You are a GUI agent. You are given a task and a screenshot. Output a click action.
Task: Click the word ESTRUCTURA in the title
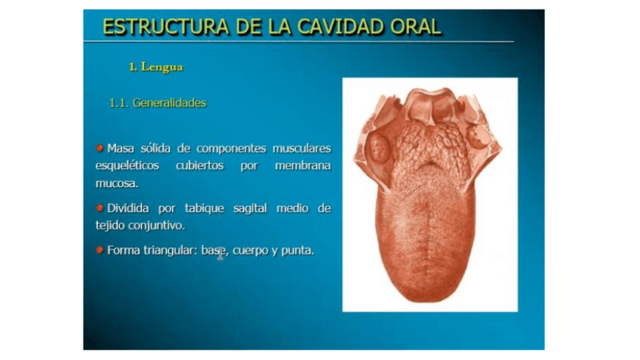(165, 27)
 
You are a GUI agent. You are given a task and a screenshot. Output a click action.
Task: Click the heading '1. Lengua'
(155, 67)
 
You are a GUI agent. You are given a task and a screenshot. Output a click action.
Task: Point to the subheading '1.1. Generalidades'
(158, 103)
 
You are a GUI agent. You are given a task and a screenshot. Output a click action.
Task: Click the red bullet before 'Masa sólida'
(100, 148)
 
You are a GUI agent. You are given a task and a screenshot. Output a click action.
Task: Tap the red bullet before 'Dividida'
(100, 208)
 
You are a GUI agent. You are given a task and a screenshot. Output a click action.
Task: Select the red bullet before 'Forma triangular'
(100, 249)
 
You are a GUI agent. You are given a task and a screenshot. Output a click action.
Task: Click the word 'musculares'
(302, 148)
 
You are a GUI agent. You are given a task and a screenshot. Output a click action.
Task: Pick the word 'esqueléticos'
(128, 166)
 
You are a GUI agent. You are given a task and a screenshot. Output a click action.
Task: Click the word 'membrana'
(303, 166)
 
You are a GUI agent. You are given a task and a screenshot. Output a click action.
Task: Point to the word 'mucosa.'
(117, 183)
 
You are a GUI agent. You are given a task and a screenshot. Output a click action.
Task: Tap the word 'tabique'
(205, 208)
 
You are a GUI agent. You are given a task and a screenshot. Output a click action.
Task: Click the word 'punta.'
(298, 251)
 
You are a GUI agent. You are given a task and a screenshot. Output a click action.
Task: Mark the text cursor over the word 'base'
(220, 254)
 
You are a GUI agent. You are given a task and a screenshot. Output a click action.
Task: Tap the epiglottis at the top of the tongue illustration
(432, 102)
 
